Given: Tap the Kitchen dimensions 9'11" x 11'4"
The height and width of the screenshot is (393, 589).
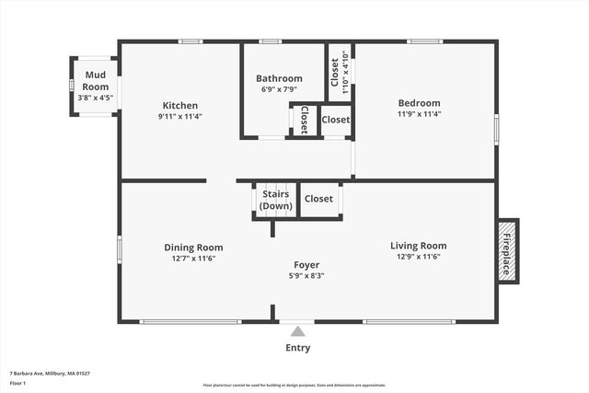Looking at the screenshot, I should pos(180,117).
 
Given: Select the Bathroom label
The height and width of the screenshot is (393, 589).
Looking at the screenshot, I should pos(279,78).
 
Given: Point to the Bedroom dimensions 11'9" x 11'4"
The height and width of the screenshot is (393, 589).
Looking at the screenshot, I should pos(419,114).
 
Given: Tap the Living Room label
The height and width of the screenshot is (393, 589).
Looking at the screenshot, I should pos(419,246).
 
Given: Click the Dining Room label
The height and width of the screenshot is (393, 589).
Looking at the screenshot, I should pos(193,247).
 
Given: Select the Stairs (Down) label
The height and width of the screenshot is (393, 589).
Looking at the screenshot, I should pos(276,200).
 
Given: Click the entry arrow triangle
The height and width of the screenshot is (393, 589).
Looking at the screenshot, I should pos(297,330).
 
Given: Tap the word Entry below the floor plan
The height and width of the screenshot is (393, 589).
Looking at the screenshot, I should pos(297,348).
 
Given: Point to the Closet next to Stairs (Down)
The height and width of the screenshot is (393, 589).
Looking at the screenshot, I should pos(318,199).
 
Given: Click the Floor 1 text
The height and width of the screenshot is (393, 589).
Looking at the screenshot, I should pos(17,384).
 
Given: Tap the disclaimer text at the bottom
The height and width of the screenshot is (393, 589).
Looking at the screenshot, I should pos(307,385).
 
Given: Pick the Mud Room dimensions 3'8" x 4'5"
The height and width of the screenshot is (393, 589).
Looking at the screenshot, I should pos(95,97).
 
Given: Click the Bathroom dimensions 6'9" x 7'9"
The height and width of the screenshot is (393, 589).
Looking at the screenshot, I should pos(279,90).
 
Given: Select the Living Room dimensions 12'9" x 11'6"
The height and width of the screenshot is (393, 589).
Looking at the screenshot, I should pos(419,258).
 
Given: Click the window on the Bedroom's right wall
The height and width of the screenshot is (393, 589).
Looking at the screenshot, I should pos(496,128).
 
